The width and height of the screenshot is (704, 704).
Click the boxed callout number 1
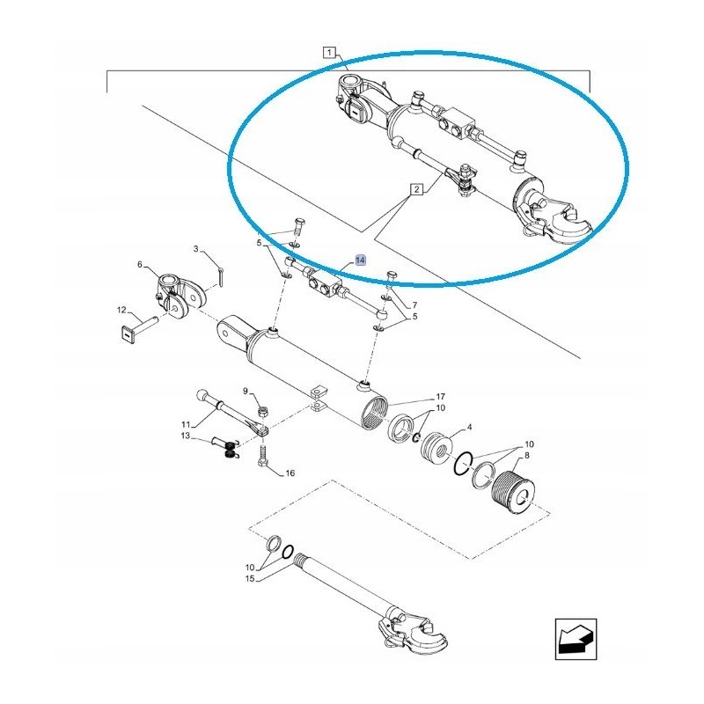(x=329, y=53)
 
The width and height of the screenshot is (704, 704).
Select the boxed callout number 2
(x=416, y=189)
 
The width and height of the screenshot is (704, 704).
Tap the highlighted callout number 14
(x=361, y=260)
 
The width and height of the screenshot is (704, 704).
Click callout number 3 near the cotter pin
(x=195, y=249)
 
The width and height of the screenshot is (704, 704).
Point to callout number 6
(x=140, y=265)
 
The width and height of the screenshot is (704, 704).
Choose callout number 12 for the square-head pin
(x=121, y=310)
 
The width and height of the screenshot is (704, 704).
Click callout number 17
(x=441, y=397)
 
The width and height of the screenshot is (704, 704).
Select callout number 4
(x=470, y=427)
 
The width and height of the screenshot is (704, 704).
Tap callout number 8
(x=526, y=455)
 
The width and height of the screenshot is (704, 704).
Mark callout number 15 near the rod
(x=250, y=579)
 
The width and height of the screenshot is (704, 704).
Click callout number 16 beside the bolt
(x=290, y=473)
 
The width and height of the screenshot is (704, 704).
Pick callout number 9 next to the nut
(x=246, y=391)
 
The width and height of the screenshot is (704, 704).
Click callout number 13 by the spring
(x=186, y=436)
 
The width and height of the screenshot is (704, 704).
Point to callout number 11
(x=186, y=424)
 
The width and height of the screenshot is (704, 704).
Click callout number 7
(x=414, y=305)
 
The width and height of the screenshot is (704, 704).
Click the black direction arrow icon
(x=576, y=640)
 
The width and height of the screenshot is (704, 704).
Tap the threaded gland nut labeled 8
(x=513, y=491)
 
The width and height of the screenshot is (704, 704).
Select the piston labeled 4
(x=436, y=450)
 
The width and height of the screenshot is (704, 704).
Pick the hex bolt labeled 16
(x=263, y=455)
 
